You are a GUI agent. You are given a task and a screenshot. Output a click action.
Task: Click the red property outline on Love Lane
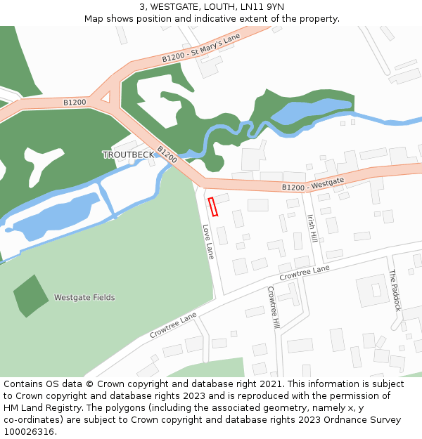213,207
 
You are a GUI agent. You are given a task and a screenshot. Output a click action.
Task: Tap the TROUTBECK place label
127,155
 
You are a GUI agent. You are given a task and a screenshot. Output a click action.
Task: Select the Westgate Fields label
84,298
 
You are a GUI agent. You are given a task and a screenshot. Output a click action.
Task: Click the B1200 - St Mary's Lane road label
201,48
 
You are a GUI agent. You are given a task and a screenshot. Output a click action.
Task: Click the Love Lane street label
207,242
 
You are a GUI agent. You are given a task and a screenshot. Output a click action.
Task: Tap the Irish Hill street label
312,229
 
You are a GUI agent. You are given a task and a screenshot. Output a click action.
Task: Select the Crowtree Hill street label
274,307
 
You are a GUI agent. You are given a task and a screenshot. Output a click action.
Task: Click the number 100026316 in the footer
29,432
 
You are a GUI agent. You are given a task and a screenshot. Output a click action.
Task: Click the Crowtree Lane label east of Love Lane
304,273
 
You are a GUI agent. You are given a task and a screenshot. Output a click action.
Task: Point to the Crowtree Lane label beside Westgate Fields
173,326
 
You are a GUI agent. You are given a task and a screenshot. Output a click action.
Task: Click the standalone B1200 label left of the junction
75,103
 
